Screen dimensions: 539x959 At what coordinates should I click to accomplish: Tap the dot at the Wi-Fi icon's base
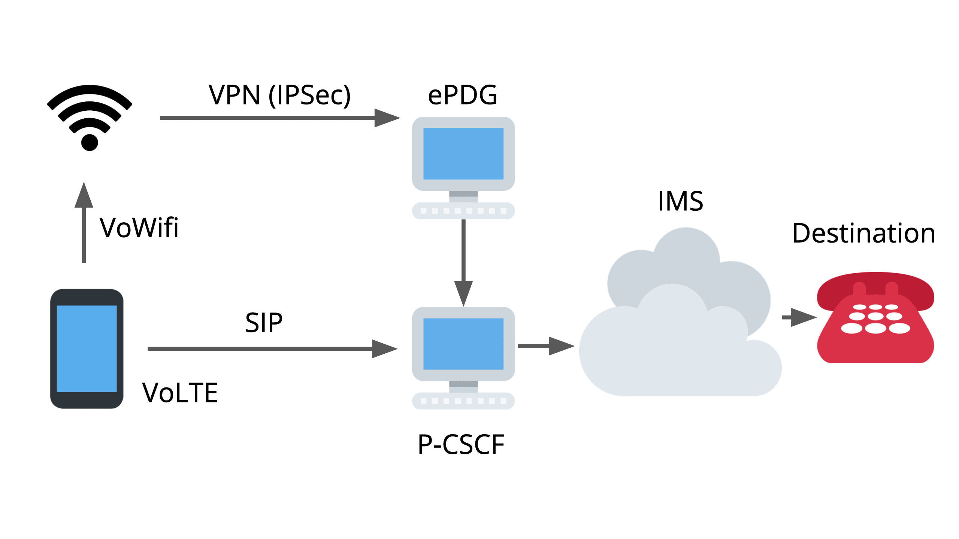click(90, 143)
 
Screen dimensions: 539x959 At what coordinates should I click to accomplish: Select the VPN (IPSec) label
click(279, 95)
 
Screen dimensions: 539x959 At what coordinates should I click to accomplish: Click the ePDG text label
click(463, 95)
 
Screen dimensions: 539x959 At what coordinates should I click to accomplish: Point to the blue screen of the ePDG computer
click(463, 154)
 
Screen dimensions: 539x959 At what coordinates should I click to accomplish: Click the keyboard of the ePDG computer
click(463, 211)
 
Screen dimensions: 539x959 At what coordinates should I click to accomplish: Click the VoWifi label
click(139, 228)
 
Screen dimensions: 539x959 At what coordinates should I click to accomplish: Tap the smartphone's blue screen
click(87, 348)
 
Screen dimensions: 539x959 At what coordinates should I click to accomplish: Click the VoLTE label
click(180, 393)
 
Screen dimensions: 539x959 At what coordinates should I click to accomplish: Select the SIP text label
click(264, 323)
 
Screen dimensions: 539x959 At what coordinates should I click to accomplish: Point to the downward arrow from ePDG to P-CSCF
click(463, 262)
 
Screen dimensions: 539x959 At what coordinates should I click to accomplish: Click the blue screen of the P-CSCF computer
click(463, 344)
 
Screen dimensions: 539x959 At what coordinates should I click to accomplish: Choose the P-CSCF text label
click(461, 445)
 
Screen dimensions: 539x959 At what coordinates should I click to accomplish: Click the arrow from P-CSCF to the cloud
click(545, 346)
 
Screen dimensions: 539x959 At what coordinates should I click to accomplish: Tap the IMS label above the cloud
click(681, 201)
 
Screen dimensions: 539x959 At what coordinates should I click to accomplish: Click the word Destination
click(864, 234)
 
